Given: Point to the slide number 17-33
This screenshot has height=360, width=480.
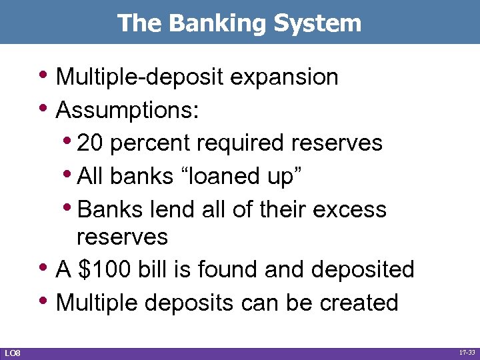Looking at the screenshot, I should tap(466, 353).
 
